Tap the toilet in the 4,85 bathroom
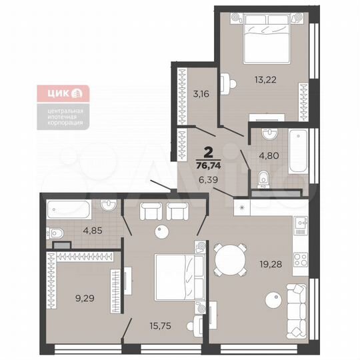point(56,233)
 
